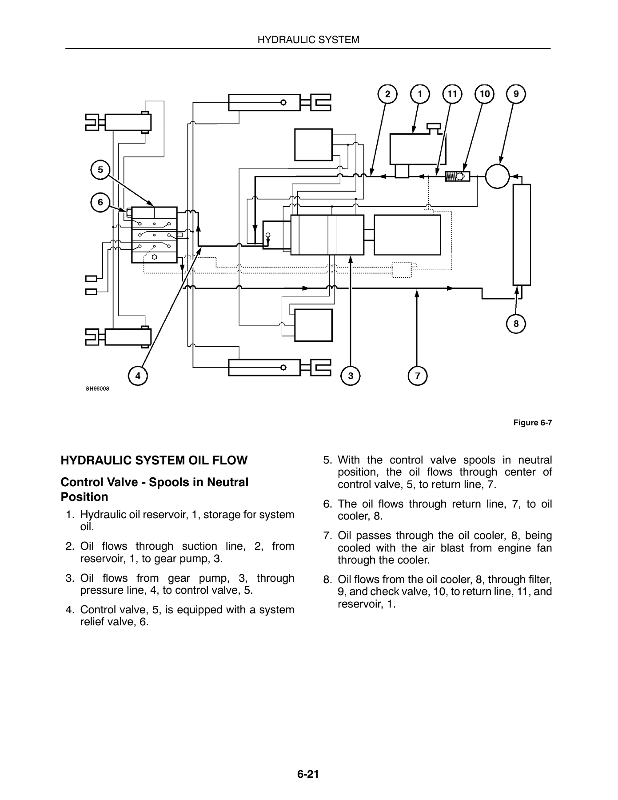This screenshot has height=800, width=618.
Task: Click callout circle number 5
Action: (100, 170)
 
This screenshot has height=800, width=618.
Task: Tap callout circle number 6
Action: (100, 203)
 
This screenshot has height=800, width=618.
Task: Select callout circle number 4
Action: (138, 376)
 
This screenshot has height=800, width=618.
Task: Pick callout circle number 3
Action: (351, 376)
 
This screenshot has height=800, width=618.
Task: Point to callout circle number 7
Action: (417, 376)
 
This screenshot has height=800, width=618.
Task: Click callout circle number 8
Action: (516, 324)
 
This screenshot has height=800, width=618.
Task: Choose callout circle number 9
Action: (516, 94)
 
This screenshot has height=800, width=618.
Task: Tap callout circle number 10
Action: (484, 94)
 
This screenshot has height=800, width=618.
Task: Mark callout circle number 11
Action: (452, 94)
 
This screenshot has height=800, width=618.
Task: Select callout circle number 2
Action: (387, 94)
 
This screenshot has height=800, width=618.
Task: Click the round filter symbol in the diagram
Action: (497, 176)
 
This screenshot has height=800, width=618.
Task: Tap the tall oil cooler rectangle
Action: (522, 235)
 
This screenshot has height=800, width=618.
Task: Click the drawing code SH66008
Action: (97, 389)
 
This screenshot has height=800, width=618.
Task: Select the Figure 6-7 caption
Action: (533, 423)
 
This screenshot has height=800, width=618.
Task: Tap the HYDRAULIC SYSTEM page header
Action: (309, 40)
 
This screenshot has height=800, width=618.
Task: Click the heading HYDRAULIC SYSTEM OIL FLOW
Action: (154, 460)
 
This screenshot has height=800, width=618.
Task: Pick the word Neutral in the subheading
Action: (228, 482)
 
